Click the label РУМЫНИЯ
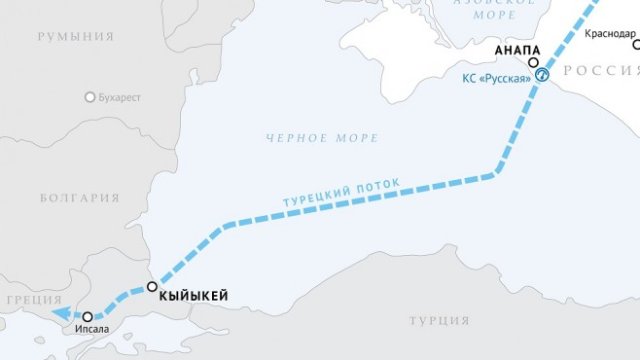76,37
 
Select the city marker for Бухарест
91,98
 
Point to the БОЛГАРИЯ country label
80,198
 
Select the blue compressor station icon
541,74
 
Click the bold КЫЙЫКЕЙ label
194,293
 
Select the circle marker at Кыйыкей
152,287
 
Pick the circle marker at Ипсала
88,316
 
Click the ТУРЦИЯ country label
439,321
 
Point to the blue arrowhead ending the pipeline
60,314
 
